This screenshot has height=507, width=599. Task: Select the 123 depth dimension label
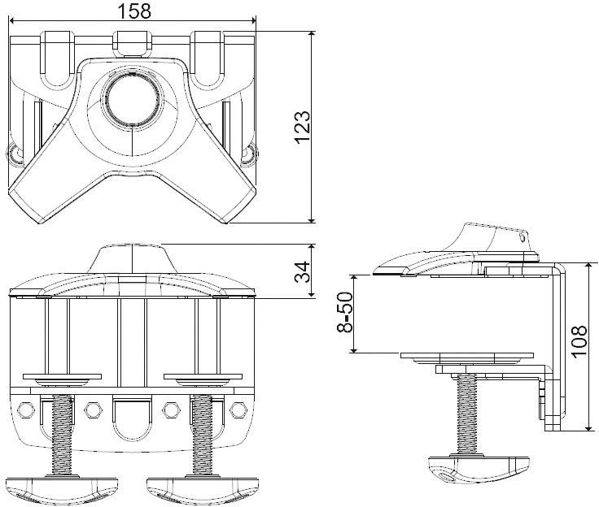[302, 127]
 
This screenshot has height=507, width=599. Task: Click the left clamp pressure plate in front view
[63, 378]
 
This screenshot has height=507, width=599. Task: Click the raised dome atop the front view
[131, 258]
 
